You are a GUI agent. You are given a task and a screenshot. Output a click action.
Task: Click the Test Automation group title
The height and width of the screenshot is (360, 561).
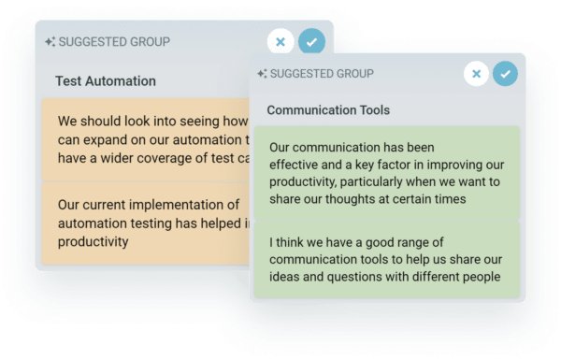coord(106,81)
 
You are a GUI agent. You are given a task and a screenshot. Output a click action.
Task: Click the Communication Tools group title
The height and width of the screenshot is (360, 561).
coord(328,109)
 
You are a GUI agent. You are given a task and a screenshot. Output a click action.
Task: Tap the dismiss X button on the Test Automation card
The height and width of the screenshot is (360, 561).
coord(280,42)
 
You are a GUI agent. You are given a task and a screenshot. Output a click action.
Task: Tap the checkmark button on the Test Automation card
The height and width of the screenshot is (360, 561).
coord(311,42)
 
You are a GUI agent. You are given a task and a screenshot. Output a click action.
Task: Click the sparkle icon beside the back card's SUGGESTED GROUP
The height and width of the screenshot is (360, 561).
coord(51,41)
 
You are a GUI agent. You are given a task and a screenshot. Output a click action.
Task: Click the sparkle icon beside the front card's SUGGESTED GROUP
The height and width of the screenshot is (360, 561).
coord(263,74)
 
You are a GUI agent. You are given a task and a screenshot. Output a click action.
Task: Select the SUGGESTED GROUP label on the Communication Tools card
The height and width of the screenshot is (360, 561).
coord(321,74)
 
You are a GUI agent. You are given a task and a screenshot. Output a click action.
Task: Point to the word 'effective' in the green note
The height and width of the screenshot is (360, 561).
coord(296,165)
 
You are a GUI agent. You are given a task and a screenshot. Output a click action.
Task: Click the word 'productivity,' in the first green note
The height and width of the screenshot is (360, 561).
coord(308,181)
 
